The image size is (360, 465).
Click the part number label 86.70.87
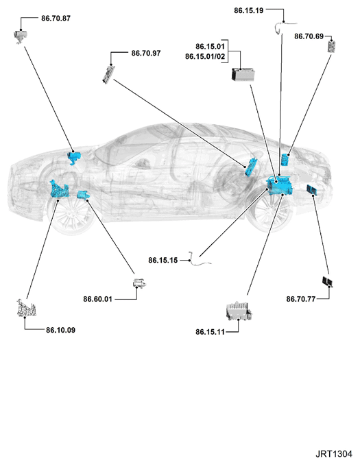pos(56,19)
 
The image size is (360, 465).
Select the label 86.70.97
pos(146,53)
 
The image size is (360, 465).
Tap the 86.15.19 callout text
pos(248,10)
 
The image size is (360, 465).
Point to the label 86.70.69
pos(309,36)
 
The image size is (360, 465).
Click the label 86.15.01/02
pos(205,56)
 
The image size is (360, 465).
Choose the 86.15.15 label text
pos(163,260)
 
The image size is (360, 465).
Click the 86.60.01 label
pos(97,299)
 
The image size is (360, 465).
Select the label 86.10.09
pos(60,330)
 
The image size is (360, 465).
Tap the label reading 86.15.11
pos(210,332)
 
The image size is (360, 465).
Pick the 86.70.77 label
pos(301,299)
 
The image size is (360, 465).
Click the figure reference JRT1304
pos(334,454)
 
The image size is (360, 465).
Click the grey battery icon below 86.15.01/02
pos(243,74)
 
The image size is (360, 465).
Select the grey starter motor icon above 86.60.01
pos(139,283)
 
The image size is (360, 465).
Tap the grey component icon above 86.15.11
pos(239,311)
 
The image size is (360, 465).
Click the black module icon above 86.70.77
pos(327,281)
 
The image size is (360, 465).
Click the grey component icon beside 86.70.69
pos(332,46)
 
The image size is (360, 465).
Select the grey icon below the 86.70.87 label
pos(21,36)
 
